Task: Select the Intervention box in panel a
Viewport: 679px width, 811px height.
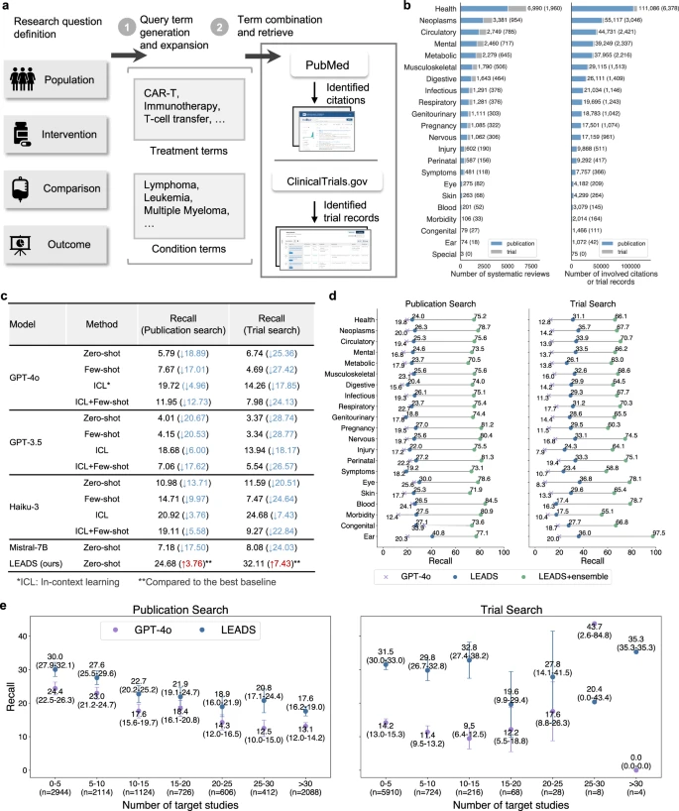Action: click(50, 133)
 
